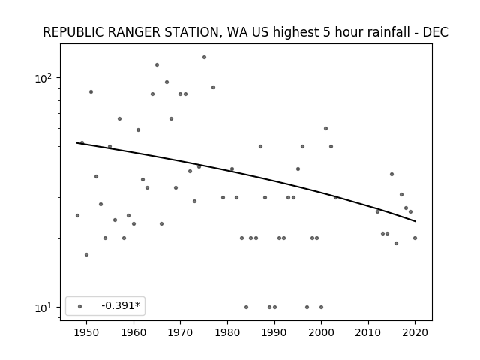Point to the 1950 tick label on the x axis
pos(87,332)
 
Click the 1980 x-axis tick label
pos(227,332)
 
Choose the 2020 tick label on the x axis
pos(415,332)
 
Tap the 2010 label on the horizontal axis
pos(368,332)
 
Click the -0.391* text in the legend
pos(121,305)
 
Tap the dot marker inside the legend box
pos(80,307)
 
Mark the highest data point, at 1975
pos(204,58)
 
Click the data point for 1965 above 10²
pos(157,65)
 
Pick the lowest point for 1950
pos(87,255)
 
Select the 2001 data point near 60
pos(325,128)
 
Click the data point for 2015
pos(391,175)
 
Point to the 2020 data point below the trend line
pos(415,238)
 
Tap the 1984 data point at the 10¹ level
pos(247,307)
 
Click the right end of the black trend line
pos(415,221)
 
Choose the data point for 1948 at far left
pos(77,215)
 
